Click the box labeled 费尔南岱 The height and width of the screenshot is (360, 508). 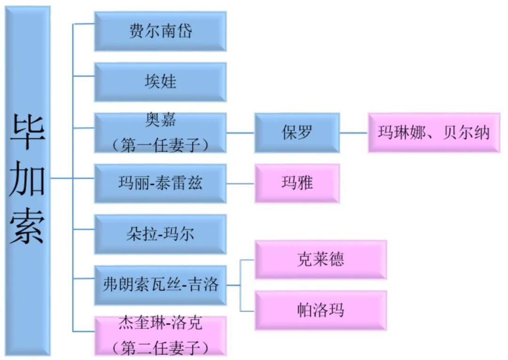160,31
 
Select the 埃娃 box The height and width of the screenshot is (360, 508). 160,82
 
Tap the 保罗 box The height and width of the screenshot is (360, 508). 297,133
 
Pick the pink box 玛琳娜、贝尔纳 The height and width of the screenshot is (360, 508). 433,133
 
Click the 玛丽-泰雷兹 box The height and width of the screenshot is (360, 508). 160,183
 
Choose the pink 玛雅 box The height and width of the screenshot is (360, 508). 297,183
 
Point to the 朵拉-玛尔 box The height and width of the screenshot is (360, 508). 160,234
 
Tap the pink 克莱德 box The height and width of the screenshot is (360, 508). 320,259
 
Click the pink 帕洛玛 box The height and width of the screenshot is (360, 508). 320,310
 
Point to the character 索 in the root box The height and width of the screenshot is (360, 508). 28,227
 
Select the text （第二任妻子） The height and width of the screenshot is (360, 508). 160,348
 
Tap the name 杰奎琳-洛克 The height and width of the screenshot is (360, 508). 160,324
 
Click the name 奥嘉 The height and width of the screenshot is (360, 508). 160,120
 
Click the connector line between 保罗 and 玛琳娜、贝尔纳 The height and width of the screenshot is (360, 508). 354,133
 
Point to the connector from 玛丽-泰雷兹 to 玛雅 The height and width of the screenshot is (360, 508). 240,183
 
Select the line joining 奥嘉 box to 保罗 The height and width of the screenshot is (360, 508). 240,133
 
